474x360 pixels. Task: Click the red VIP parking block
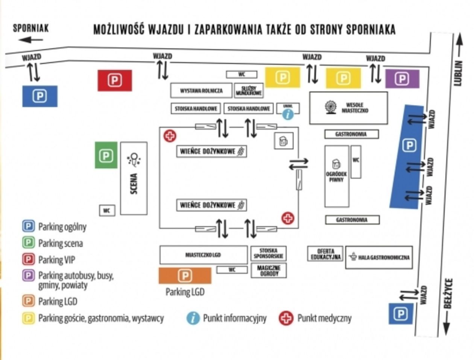115,80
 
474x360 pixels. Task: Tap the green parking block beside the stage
106,155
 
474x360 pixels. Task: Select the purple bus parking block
402,79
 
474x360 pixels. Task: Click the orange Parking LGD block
185,276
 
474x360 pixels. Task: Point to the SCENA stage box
134,178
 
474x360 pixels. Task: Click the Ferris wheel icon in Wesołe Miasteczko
331,107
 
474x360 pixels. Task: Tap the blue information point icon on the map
288,114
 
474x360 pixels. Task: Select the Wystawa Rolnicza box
201,91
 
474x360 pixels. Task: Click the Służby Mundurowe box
249,91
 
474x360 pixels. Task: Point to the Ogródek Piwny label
336,177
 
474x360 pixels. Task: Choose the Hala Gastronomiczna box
379,258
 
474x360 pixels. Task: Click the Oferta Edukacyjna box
326,254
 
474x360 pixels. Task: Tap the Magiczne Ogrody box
269,270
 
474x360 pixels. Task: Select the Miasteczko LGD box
203,255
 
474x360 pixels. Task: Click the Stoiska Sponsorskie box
269,254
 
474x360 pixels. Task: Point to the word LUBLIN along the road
458,73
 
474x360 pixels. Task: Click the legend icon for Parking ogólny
29,226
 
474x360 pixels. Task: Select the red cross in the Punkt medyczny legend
286,318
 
